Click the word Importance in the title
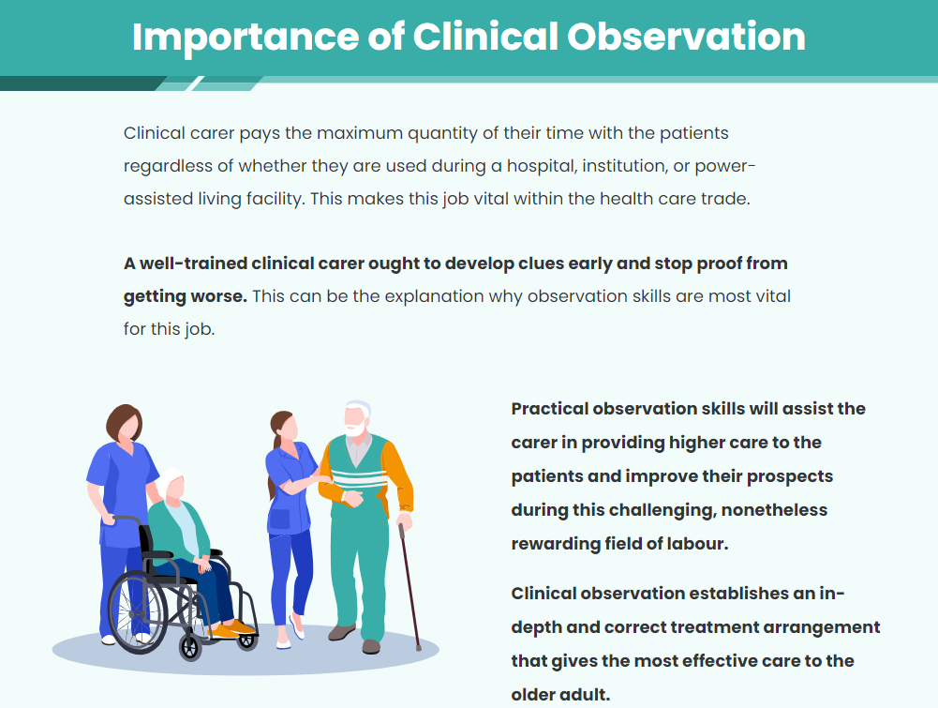coord(245,38)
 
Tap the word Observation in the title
coord(686,37)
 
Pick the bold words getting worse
coord(186,297)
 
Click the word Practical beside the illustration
coord(550,409)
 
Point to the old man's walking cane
coord(409,586)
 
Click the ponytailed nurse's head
coord(284,425)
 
